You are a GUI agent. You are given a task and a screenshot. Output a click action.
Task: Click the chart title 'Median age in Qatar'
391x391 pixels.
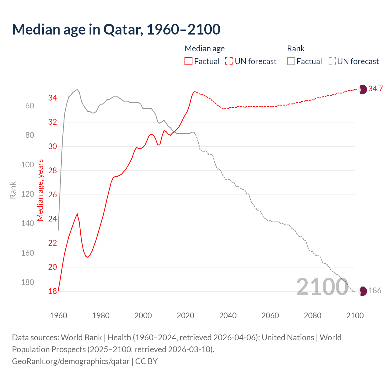click(116, 30)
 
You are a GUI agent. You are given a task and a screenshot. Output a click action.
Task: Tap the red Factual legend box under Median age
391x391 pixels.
click(188, 61)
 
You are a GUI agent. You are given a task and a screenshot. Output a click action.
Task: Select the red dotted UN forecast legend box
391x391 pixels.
click(229, 61)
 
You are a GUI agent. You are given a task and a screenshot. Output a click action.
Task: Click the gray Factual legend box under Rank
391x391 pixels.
click(291, 61)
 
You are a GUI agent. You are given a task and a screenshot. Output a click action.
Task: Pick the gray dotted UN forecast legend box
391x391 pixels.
click(332, 61)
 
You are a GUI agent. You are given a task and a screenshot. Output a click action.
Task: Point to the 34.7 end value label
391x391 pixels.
click(375, 89)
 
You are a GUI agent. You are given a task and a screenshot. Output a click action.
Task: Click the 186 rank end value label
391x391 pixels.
click(375, 291)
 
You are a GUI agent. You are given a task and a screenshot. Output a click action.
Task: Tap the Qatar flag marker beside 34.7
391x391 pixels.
click(363, 89)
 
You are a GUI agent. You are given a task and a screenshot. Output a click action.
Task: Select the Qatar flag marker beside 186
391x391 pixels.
click(363, 291)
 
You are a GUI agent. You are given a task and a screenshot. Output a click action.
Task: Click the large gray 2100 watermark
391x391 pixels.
click(322, 287)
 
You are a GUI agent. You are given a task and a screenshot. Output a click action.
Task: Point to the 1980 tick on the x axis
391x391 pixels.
click(101, 316)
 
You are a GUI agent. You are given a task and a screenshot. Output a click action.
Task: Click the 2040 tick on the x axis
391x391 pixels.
click(228, 316)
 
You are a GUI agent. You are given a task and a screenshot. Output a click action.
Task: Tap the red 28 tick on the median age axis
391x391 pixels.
click(53, 170)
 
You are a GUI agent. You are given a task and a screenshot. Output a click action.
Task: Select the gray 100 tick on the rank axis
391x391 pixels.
click(27, 165)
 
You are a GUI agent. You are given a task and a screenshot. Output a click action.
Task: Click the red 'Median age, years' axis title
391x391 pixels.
click(40, 190)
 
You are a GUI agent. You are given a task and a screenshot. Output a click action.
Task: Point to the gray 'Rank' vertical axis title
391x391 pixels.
click(13, 190)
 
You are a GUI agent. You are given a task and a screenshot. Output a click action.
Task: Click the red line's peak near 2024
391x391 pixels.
click(194, 92)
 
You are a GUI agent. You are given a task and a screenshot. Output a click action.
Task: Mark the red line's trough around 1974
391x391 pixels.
click(88, 257)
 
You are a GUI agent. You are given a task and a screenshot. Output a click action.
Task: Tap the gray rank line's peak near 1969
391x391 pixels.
click(77, 90)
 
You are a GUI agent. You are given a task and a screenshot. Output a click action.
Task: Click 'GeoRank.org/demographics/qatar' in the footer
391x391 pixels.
click(71, 361)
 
